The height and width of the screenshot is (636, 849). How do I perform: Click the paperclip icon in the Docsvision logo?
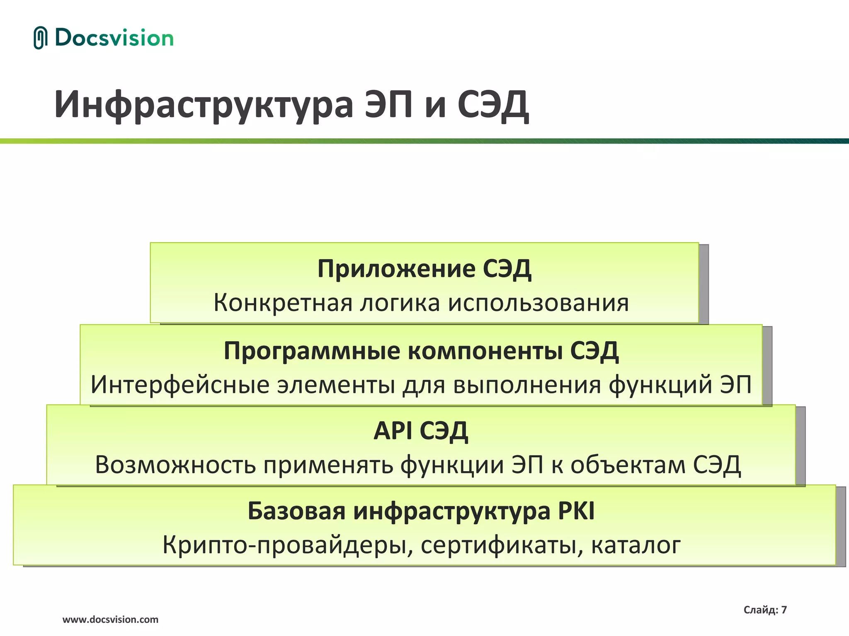coord(40,38)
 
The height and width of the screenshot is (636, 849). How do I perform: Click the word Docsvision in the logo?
coord(114,38)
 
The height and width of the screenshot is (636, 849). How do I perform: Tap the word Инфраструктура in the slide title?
coord(204,105)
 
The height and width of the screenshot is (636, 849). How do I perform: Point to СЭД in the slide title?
coord(493,105)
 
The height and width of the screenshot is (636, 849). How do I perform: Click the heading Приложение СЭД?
coord(424,269)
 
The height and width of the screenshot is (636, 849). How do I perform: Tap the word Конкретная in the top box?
coord(282,303)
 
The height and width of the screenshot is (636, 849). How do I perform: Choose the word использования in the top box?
coord(539,303)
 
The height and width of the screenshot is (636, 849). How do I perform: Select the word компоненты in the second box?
coord(485,351)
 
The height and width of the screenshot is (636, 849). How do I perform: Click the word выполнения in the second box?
coord(527,385)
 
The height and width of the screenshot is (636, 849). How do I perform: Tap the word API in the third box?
coord(393,431)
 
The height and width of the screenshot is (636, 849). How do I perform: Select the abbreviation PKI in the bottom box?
coord(576,511)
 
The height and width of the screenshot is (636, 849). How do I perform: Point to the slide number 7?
coord(784,610)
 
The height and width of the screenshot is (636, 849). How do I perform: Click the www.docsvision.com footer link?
coord(110,620)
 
